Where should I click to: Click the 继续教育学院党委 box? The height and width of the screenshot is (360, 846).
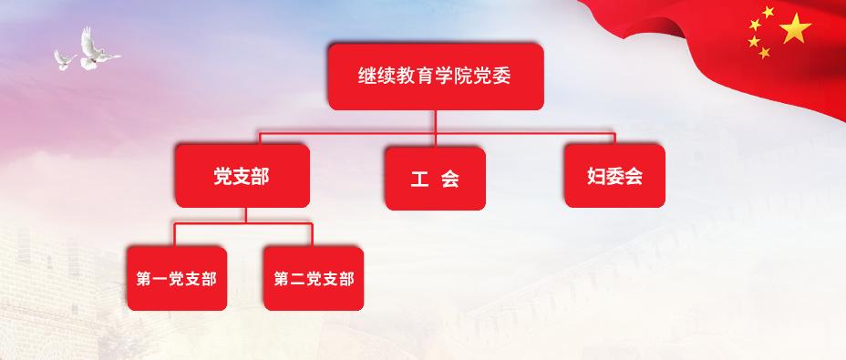click(x=436, y=77)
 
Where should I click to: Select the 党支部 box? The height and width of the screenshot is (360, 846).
click(x=242, y=176)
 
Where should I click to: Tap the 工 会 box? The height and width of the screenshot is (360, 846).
click(x=436, y=179)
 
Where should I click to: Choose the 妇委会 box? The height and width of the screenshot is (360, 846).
click(x=614, y=176)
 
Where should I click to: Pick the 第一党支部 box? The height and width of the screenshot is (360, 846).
click(x=177, y=279)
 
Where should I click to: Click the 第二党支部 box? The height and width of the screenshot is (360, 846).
click(x=314, y=279)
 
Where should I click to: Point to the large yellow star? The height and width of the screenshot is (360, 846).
click(x=795, y=28)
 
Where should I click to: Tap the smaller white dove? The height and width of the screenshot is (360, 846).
click(x=65, y=60)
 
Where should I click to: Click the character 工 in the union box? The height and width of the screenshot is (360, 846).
click(x=419, y=179)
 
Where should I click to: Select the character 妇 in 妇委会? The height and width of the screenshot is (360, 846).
click(x=596, y=177)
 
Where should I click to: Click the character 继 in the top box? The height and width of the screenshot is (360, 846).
click(x=366, y=77)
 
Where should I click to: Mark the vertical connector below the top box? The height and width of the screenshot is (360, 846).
click(x=436, y=129)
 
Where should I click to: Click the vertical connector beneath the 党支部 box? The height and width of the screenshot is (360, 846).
click(x=245, y=215)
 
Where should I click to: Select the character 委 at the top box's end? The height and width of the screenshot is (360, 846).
click(x=501, y=77)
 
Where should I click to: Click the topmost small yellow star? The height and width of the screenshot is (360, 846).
click(x=769, y=11)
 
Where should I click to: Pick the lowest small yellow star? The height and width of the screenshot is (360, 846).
click(x=765, y=53)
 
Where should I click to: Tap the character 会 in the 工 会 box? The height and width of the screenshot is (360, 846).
click(x=450, y=179)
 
